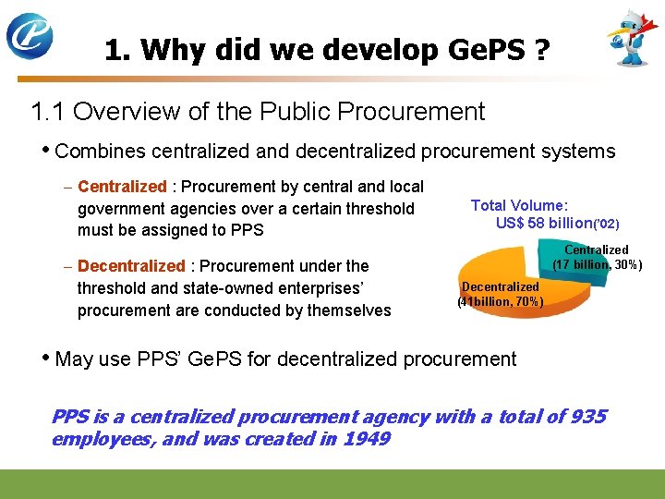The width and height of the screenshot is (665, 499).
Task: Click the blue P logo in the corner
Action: click(30, 35)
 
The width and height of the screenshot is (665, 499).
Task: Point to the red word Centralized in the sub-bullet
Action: click(122, 188)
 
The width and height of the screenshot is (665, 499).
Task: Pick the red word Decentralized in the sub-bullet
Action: click(131, 266)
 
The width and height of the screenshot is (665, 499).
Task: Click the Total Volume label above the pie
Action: click(519, 206)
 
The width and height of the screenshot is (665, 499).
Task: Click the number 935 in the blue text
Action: click(587, 417)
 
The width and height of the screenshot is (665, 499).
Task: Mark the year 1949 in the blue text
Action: click(366, 439)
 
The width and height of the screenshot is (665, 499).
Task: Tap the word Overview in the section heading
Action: click(118, 113)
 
